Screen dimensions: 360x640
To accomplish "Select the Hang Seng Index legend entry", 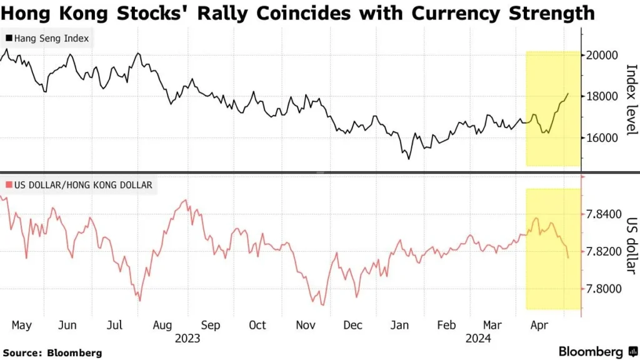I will coord(48,39).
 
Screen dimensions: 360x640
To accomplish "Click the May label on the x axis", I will coord(21,325).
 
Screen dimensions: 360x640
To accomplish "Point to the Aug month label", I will coord(162,325).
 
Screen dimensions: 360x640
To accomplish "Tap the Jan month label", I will coord(399,325).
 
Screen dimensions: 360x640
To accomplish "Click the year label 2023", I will coord(187,338).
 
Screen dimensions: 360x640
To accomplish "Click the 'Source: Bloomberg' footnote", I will coord(52,352).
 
